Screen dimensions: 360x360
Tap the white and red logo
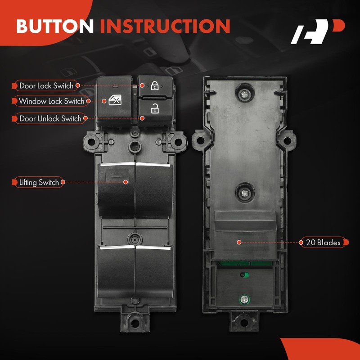point(317,32)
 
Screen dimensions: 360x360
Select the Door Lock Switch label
point(46,85)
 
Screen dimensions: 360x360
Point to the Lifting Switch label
point(39,182)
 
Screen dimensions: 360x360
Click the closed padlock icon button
point(154,85)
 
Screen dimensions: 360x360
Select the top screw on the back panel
point(244,94)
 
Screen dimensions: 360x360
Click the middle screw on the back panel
point(244,192)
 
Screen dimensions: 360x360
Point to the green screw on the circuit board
point(244,297)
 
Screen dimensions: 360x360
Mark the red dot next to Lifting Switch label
point(63,182)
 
